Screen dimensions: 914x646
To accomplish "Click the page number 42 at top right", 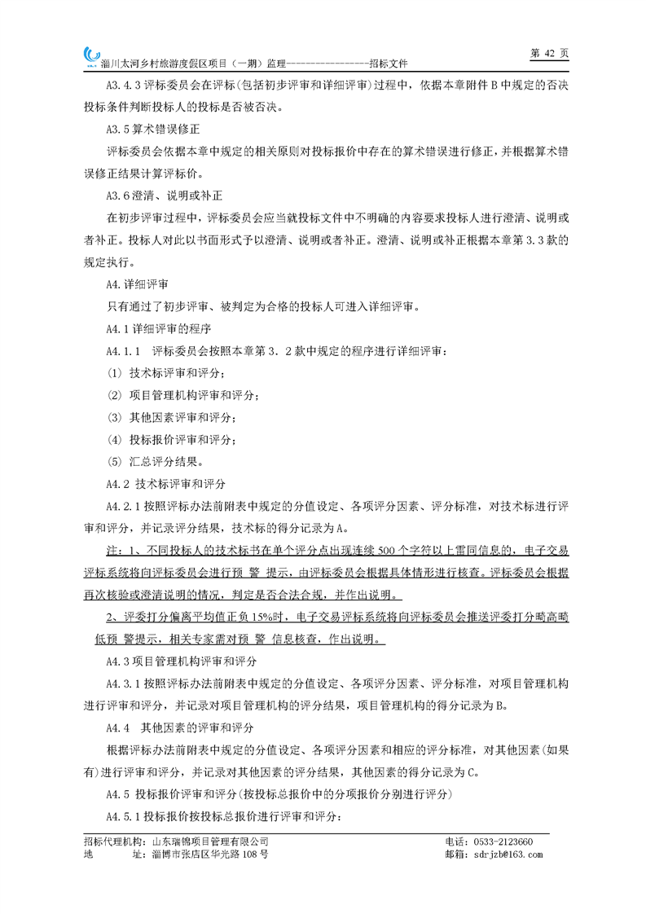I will pos(548,52).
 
